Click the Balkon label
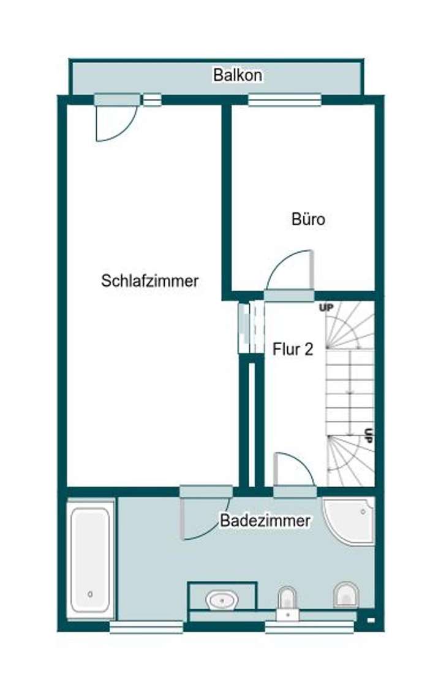pyautogui.click(x=238, y=75)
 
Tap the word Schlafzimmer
pyautogui.click(x=150, y=281)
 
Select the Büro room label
pyautogui.click(x=308, y=219)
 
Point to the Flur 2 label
pyautogui.click(x=293, y=350)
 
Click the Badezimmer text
pyautogui.click(x=265, y=521)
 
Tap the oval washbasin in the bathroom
pyautogui.click(x=222, y=599)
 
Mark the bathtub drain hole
pyautogui.click(x=91, y=594)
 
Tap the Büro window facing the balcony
pyautogui.click(x=284, y=99)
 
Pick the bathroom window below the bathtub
pyautogui.click(x=146, y=627)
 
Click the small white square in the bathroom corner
pyautogui.click(x=369, y=620)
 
